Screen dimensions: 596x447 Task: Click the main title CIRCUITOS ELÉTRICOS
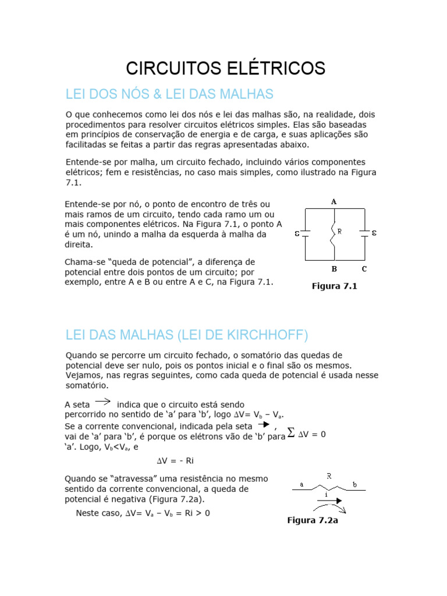pos(226,68)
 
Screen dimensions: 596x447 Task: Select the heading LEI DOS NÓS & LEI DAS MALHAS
pos(169,94)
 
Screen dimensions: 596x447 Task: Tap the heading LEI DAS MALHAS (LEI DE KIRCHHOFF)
pos(187,335)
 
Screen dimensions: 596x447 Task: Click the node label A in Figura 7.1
pos(334,201)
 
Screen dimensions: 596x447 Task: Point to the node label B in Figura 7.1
pos(334,269)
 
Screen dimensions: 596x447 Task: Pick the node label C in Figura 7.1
pos(364,269)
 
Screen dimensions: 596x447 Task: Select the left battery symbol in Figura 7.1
pos(305,234)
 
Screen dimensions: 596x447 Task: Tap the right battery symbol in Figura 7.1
pos(364,233)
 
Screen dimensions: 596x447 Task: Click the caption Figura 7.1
pos(334,286)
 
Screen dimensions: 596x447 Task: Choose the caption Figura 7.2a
pos(313,520)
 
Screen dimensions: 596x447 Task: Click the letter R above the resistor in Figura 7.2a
pos(329,476)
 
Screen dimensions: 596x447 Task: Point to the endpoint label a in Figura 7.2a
pos(301,484)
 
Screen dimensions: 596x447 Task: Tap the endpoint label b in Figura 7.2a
pos(354,484)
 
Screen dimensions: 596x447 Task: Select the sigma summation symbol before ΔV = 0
pos(291,434)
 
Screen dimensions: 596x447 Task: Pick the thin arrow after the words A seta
pos(103,400)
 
